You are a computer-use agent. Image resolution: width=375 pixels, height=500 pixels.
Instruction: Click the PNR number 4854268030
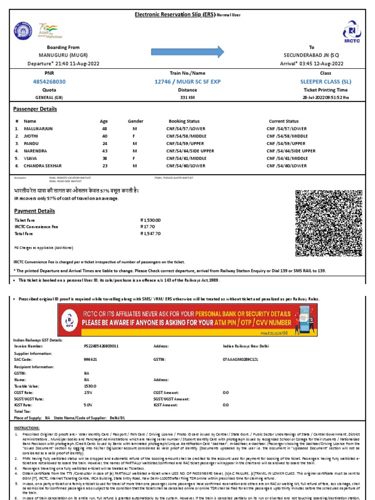point(49,81)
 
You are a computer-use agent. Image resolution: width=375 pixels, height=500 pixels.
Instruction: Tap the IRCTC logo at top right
point(352,33)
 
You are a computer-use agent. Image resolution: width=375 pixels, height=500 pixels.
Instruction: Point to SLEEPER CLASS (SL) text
point(326,81)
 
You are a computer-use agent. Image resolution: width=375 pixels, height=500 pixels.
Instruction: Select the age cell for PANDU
point(104,144)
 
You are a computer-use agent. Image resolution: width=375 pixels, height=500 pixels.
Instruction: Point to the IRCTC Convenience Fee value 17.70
point(147,227)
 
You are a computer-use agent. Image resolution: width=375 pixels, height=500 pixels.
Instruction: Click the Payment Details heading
point(34,211)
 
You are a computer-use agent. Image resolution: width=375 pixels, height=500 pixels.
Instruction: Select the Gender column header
point(135,121)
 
